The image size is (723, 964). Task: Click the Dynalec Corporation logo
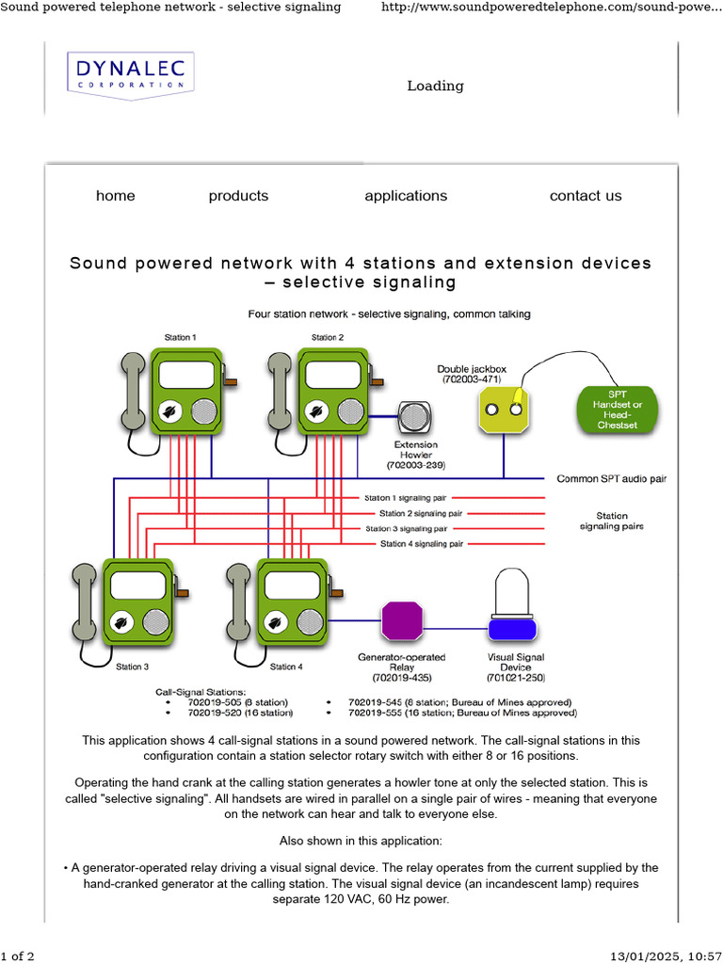click(x=130, y=73)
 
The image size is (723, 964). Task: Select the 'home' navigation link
click(x=115, y=196)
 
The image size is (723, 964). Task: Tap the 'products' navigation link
click(x=238, y=196)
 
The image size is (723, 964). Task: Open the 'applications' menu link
click(x=406, y=196)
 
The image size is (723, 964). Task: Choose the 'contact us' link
click(x=586, y=196)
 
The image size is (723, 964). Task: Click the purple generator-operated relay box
click(x=402, y=621)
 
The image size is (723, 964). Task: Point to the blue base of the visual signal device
click(x=511, y=627)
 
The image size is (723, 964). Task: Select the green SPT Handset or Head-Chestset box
click(x=617, y=410)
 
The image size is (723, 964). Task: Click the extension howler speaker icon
click(x=415, y=417)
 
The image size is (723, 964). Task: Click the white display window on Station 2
click(x=333, y=375)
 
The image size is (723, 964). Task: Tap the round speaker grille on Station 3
click(x=155, y=621)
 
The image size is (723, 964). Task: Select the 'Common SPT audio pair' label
click(x=611, y=478)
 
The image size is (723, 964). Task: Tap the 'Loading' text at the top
click(x=435, y=86)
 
